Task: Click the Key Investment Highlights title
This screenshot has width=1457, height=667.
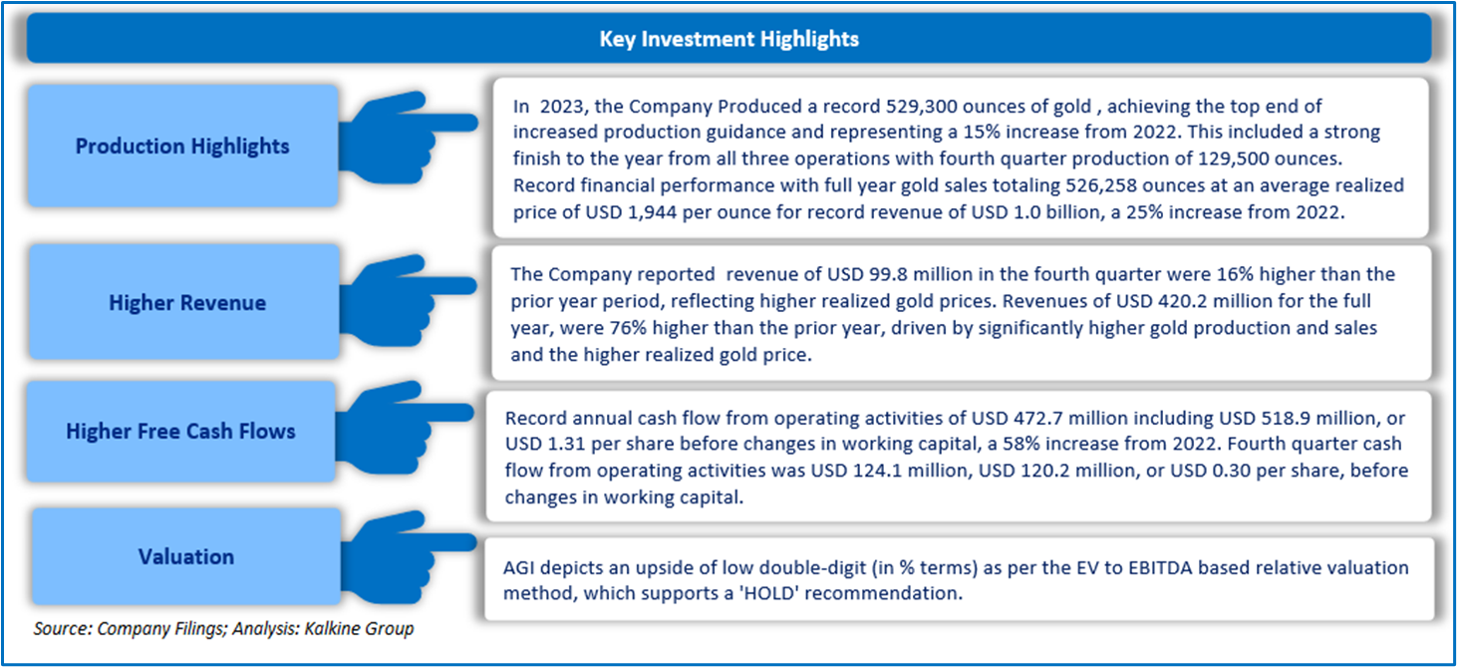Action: [x=728, y=40]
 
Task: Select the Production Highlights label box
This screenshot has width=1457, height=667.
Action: [x=182, y=147]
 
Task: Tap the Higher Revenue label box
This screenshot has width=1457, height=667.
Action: [x=187, y=303]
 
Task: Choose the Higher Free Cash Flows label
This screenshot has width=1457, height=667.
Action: [x=180, y=432]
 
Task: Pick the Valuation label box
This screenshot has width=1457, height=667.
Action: [x=186, y=556]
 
